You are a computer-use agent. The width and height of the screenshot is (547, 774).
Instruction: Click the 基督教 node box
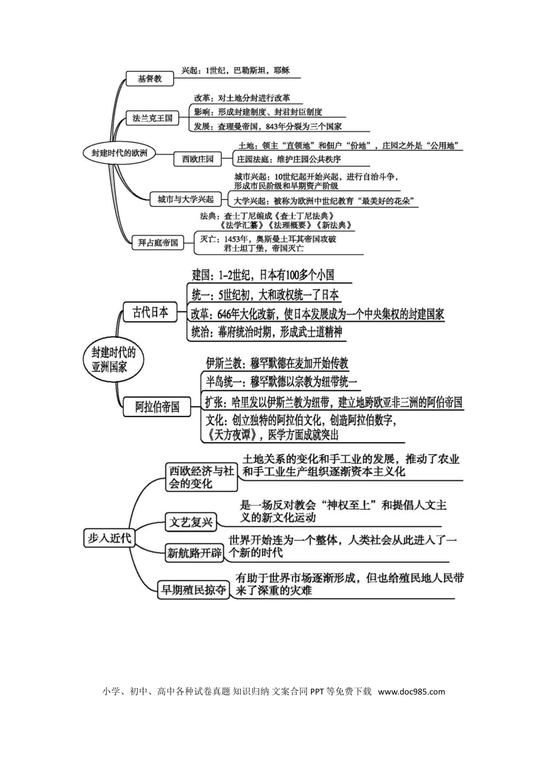pos(150,78)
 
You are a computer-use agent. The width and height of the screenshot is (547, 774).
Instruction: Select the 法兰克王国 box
pos(153,118)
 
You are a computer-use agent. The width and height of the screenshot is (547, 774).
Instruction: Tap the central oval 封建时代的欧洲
pos(119,153)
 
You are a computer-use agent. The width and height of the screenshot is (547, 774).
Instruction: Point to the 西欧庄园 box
pos(198,158)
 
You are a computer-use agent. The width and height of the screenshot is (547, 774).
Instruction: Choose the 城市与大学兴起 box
pos(185,199)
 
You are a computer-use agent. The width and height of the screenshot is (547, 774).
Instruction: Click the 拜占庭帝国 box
pos(158,242)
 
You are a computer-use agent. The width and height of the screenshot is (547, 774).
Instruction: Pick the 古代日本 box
pos(150,313)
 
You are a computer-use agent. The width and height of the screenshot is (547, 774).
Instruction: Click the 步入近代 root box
pos(109,538)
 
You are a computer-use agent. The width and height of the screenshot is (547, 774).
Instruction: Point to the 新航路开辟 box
pos(195,553)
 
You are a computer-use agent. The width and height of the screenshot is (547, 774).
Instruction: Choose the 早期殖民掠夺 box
pos(193,590)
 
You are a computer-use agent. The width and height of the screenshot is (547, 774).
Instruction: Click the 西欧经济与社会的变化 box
pos(201,477)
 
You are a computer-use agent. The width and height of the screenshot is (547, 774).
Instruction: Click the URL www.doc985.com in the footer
pos(412,692)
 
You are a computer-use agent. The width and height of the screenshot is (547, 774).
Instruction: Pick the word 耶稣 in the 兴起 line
pos(282,71)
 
